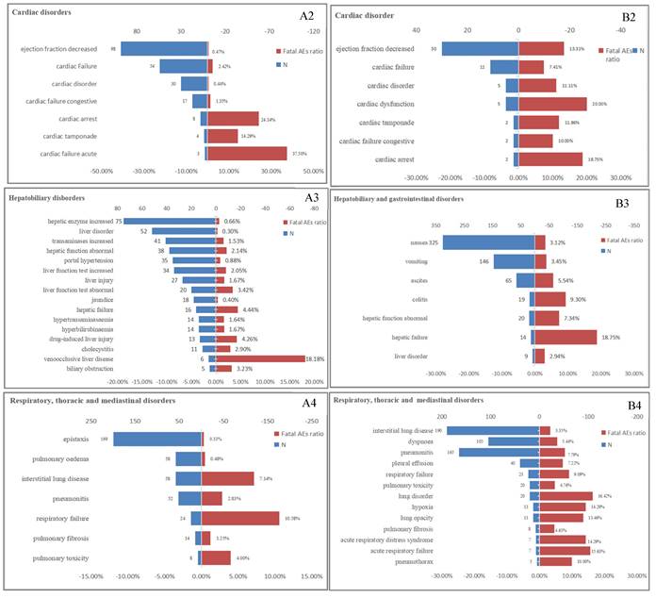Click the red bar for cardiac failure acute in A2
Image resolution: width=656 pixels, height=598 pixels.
pos(247,153)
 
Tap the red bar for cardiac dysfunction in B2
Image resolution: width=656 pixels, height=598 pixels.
pos(552,105)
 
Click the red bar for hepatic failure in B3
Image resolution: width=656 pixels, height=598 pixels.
pos(566,336)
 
